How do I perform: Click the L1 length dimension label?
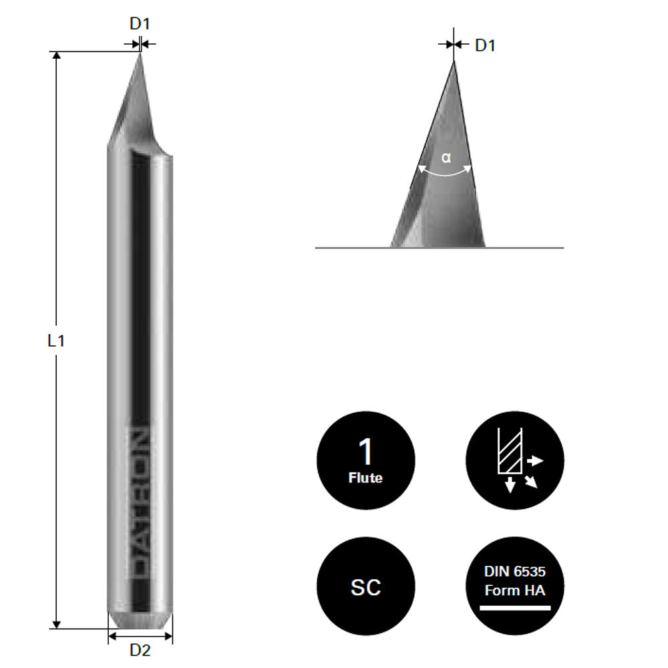click(55, 341)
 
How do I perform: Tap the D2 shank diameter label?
click(140, 649)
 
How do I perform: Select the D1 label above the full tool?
click(140, 24)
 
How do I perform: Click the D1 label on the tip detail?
click(485, 46)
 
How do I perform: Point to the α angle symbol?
click(446, 158)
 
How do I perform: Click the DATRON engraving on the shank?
click(140, 500)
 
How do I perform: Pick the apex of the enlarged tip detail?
click(454, 62)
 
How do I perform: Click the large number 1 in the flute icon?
click(365, 452)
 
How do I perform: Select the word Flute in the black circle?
click(365, 478)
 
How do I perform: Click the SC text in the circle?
click(365, 587)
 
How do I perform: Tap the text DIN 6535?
click(515, 572)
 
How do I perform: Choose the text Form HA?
click(515, 590)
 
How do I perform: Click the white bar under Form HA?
click(515, 608)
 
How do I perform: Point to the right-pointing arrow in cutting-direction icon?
click(536, 461)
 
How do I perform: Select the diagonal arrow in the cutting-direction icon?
click(532, 482)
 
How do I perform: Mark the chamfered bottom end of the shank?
click(140, 621)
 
